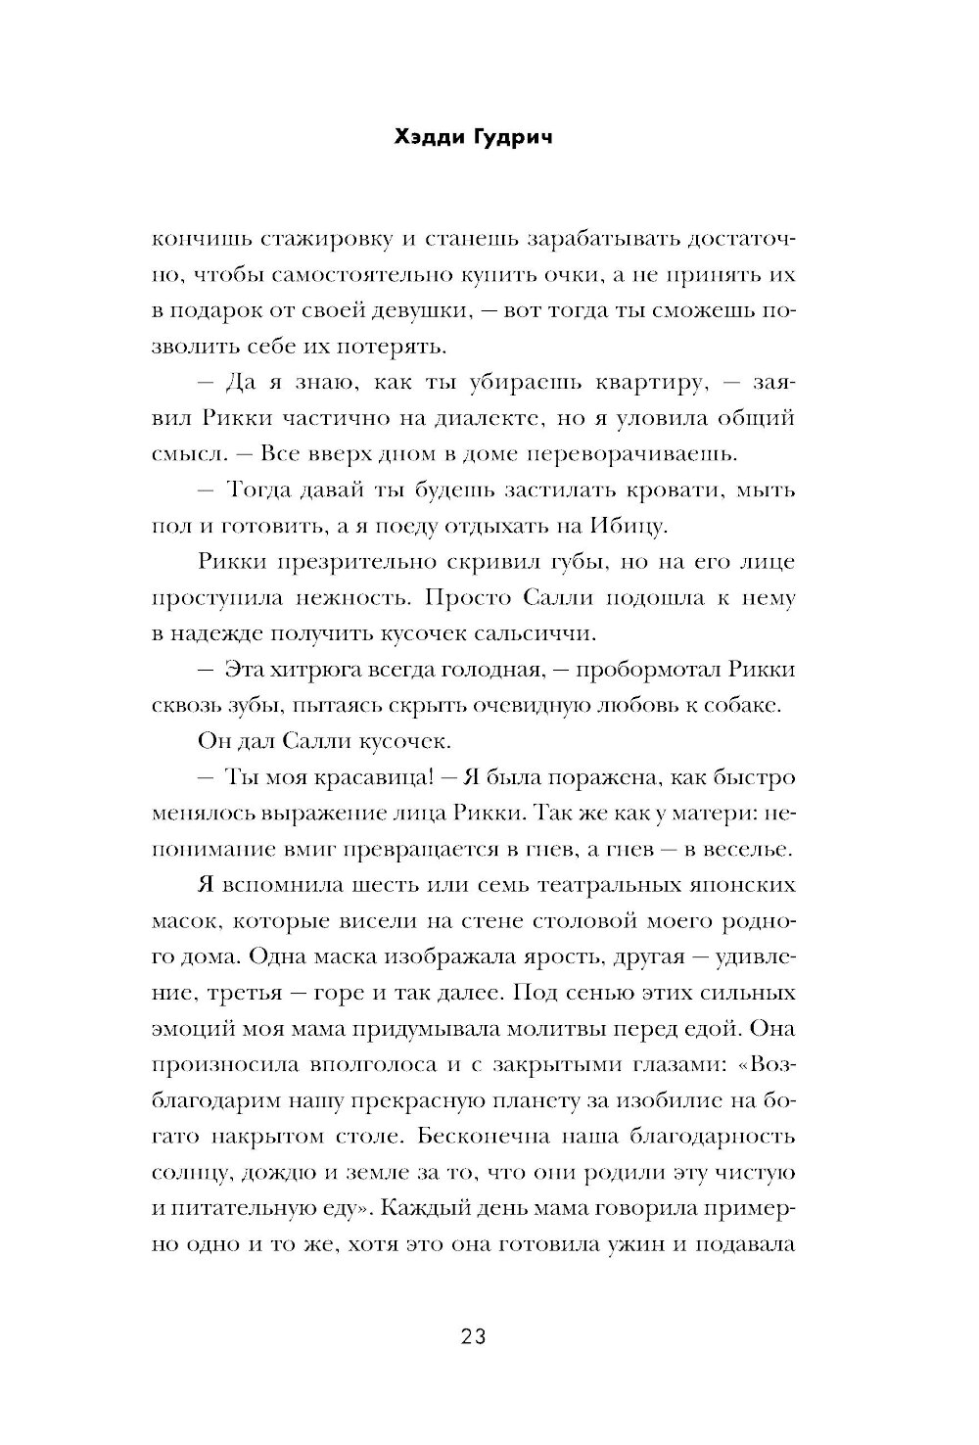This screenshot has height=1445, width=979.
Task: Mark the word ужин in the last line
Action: tap(627, 1243)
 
